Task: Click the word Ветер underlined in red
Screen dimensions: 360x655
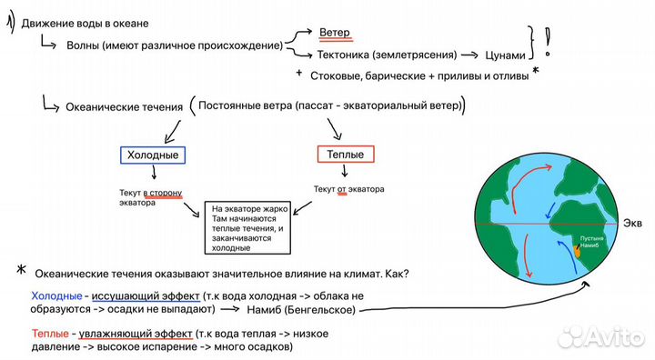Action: [x=335, y=32]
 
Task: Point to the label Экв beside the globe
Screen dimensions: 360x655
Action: [x=633, y=223]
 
